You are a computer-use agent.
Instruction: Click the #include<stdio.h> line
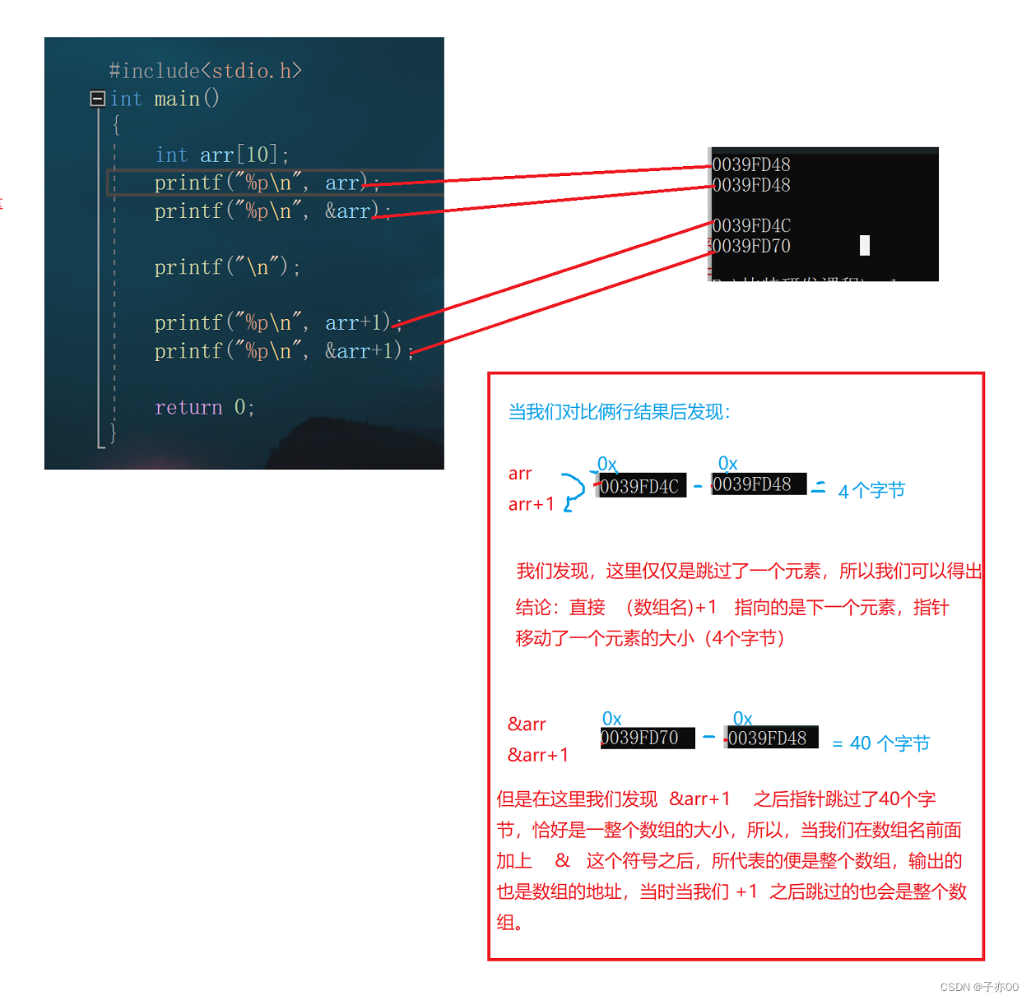(x=205, y=72)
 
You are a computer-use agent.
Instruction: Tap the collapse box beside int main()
(x=97, y=99)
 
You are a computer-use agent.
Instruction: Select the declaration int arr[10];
(x=221, y=155)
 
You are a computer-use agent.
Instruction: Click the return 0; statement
(x=204, y=407)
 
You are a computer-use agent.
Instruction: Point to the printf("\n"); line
(x=227, y=267)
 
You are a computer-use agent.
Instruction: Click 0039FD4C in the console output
(x=751, y=225)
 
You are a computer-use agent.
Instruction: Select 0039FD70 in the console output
(x=751, y=246)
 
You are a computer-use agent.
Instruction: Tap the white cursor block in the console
(x=865, y=245)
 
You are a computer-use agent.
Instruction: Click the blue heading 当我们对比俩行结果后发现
(x=619, y=412)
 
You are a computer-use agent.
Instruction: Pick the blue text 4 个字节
(x=871, y=491)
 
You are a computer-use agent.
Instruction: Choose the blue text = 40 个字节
(x=880, y=743)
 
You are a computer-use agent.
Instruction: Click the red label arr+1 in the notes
(x=532, y=504)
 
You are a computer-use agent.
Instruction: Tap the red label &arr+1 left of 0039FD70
(x=538, y=755)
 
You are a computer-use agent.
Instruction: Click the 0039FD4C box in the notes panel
(x=639, y=487)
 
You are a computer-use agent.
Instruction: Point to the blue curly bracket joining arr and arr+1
(x=574, y=490)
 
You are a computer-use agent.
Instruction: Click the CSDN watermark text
(x=979, y=987)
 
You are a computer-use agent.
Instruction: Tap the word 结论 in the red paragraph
(x=533, y=608)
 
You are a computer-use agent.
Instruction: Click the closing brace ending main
(x=113, y=433)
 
